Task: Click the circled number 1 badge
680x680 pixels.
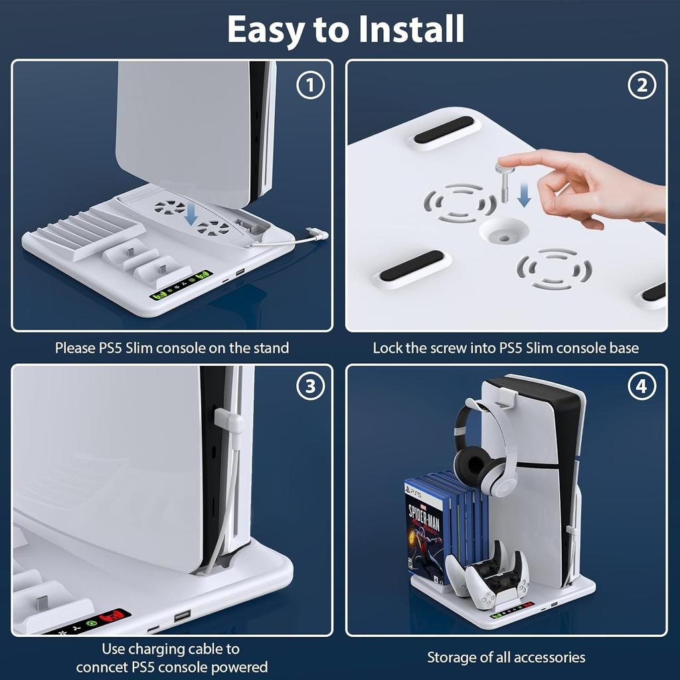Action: click(x=310, y=85)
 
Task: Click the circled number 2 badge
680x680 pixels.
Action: click(x=641, y=85)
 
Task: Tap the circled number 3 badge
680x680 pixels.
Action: click(x=310, y=388)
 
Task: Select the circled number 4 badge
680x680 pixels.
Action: click(x=641, y=388)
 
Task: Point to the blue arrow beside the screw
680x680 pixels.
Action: click(x=524, y=194)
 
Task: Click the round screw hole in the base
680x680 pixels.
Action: click(x=503, y=231)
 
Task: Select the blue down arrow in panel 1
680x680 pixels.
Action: click(x=191, y=214)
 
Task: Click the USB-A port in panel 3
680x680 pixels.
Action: click(x=183, y=617)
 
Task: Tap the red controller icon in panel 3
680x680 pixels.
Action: click(x=118, y=616)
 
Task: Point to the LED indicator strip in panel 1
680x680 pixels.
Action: click(x=181, y=286)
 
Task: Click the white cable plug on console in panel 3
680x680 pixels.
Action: click(x=228, y=420)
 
